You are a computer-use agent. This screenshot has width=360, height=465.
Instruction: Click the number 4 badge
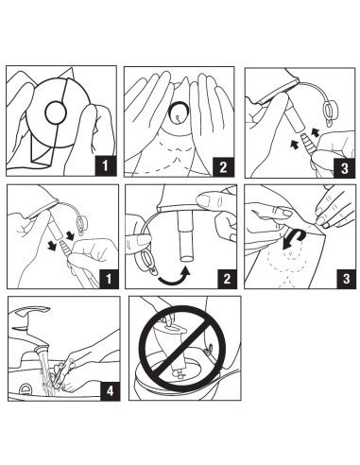(110, 391)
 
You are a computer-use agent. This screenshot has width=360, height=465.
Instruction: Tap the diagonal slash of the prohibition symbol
(182, 347)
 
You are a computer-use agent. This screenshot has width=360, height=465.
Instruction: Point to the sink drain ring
(26, 389)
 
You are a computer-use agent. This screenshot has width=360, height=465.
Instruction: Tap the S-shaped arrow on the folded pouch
(294, 239)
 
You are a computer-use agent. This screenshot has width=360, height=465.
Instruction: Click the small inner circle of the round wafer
(56, 112)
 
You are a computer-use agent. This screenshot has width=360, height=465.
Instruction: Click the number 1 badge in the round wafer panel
(105, 166)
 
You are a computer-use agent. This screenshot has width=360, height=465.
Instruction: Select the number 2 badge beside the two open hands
(223, 167)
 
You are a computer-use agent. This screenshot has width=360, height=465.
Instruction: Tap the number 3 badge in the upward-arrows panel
(345, 168)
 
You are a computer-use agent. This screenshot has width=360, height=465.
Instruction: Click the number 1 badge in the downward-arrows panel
(109, 279)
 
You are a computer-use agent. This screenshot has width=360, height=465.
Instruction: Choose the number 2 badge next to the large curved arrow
(227, 279)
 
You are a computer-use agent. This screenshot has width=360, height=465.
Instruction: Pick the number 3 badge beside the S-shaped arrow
(346, 279)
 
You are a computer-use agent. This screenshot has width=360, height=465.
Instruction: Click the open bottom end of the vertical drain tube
(186, 259)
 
